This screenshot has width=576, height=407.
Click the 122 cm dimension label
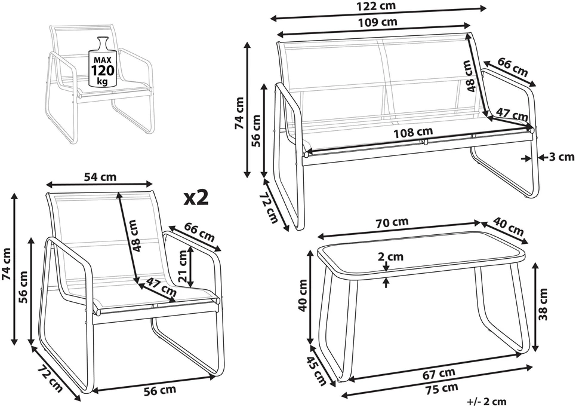coord(377,5)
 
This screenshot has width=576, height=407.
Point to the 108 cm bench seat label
coord(413,132)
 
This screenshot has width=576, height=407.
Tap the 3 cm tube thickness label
coord(561,157)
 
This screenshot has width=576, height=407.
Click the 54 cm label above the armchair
coord(100,178)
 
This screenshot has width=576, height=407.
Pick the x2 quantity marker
coord(196,198)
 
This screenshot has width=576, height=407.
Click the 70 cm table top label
coord(392,222)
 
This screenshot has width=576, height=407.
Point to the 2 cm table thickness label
coord(390,256)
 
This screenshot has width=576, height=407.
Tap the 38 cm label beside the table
coord(543,304)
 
